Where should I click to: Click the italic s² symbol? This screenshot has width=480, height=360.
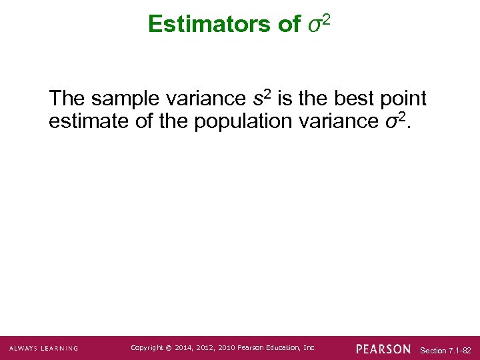(261, 98)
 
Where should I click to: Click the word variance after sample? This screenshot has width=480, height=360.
(204, 99)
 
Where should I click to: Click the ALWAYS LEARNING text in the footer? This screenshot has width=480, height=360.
(43, 348)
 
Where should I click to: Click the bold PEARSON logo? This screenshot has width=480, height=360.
(383, 349)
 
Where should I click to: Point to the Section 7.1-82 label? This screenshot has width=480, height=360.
(446, 350)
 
